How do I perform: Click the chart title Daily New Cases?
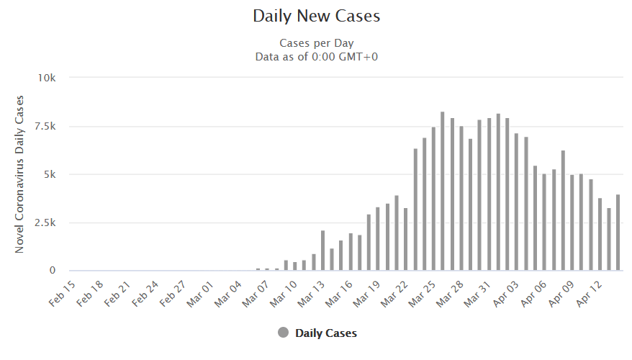click(316, 15)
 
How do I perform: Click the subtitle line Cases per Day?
click(316, 42)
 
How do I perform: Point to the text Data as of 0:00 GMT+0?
click(316, 56)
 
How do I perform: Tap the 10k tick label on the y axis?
click(47, 78)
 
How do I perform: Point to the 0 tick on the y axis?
click(52, 271)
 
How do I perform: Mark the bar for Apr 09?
click(572, 222)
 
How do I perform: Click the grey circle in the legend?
click(283, 333)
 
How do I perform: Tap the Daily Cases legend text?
click(326, 333)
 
